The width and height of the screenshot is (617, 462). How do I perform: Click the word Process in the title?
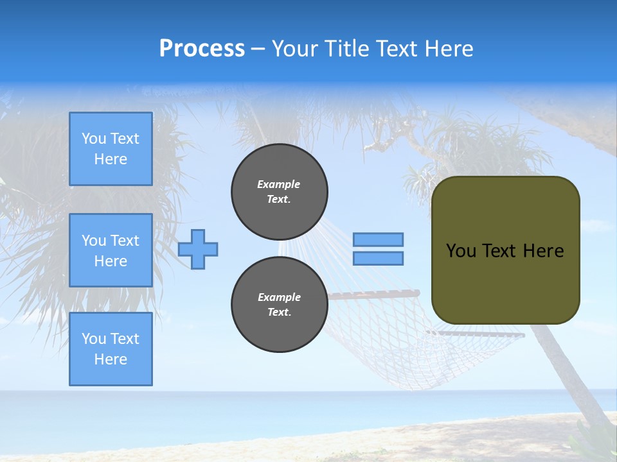click(x=202, y=49)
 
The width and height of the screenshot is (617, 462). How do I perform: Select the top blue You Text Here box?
click(x=111, y=149)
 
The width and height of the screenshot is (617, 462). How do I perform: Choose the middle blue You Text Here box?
click(x=111, y=250)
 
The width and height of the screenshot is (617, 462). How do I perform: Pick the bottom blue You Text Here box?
click(x=111, y=349)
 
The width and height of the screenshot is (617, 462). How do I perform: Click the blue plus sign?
click(x=198, y=249)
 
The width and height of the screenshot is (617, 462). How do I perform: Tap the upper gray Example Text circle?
click(x=279, y=191)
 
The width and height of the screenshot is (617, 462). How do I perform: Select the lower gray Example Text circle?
click(x=279, y=304)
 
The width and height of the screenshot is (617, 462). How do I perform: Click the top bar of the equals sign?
click(x=378, y=239)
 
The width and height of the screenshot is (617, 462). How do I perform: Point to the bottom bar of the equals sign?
click(x=378, y=258)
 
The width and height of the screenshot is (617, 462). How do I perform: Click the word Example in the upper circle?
click(x=279, y=184)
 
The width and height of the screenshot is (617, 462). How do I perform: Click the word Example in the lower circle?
click(x=279, y=297)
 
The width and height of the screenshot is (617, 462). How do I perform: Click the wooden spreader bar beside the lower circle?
click(x=373, y=294)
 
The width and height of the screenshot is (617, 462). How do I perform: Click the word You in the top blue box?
click(x=94, y=139)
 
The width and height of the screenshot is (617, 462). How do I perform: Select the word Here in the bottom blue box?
click(x=111, y=359)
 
